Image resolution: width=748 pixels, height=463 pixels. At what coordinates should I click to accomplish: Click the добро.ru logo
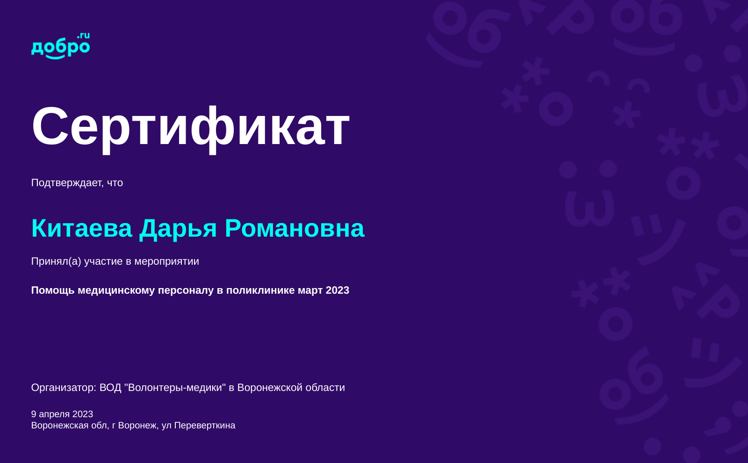click(60, 46)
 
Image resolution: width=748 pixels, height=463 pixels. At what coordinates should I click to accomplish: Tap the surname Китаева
click(82, 228)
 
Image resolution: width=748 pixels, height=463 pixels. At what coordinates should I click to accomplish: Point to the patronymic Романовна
click(295, 229)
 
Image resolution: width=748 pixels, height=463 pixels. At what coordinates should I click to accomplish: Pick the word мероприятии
click(166, 261)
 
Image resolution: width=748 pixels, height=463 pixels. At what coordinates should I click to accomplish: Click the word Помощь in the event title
click(53, 290)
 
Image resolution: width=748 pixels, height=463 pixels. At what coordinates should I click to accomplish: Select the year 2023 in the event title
click(337, 290)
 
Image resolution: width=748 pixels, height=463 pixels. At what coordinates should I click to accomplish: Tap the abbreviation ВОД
click(110, 388)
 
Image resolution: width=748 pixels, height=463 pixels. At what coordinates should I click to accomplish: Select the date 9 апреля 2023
click(62, 414)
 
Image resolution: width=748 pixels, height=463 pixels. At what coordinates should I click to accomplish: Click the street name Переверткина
click(205, 426)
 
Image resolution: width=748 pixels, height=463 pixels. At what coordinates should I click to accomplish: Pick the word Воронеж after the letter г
click(137, 426)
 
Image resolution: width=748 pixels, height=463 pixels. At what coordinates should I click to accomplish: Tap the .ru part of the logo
click(84, 36)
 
